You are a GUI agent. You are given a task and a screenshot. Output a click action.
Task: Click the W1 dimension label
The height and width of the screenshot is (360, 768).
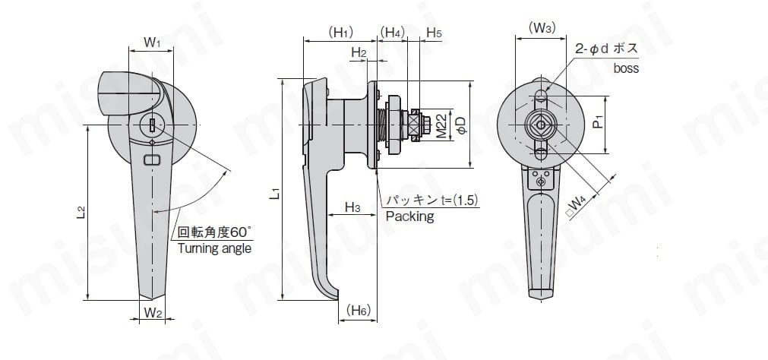pos(152,43)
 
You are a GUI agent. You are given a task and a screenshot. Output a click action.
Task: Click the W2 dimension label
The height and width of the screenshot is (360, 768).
pos(152,312)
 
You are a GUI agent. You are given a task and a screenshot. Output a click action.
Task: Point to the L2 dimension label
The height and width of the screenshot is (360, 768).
pos(81,213)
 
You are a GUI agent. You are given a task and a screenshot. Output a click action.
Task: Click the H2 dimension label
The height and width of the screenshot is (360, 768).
pos(359,52)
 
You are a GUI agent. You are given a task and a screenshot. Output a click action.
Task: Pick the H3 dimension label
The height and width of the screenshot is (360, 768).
pos(352,207)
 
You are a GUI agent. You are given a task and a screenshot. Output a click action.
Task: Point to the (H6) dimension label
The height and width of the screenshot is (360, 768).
pos(358,311)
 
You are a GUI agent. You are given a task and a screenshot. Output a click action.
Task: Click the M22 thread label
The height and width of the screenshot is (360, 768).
pos(441,126)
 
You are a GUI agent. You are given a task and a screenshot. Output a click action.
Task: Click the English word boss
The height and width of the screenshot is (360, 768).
pos(626,68)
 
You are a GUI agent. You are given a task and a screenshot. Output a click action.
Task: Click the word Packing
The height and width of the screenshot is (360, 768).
pos(409,217)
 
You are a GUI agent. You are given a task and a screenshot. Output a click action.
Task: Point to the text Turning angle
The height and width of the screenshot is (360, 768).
pos(213,248)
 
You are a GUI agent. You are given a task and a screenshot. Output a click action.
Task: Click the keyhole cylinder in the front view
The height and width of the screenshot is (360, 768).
pos(152,125)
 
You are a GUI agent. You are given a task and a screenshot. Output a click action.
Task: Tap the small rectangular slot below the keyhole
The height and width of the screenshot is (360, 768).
pos(152,159)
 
